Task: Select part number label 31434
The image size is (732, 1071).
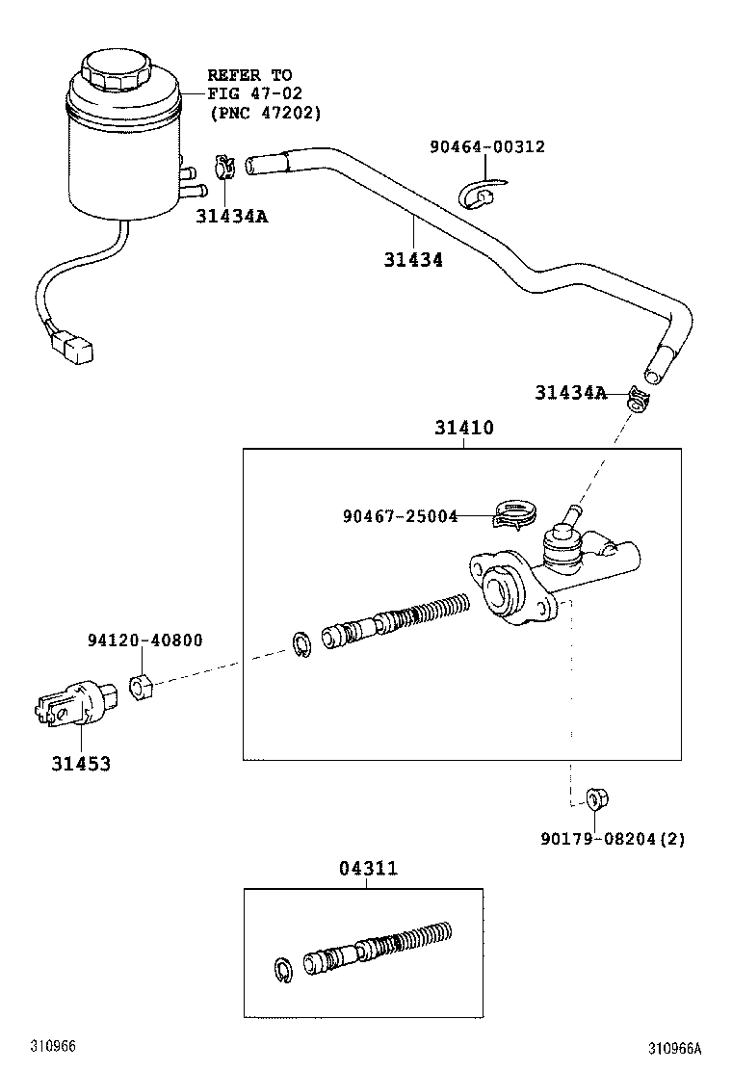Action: click(x=413, y=259)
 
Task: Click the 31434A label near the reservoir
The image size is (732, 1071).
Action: click(x=231, y=217)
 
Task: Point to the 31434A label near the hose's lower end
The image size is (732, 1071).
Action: click(x=571, y=392)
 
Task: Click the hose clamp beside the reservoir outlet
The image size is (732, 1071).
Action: click(x=225, y=168)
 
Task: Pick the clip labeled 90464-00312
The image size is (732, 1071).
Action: click(x=478, y=195)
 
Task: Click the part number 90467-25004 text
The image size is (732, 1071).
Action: click(x=400, y=516)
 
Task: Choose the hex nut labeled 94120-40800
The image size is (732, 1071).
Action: click(x=141, y=689)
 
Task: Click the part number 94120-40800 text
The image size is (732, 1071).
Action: click(x=144, y=640)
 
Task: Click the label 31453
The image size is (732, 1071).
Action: click(x=81, y=764)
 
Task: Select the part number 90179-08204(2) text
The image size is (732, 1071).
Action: click(x=613, y=839)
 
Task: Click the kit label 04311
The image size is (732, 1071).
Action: click(x=368, y=869)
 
